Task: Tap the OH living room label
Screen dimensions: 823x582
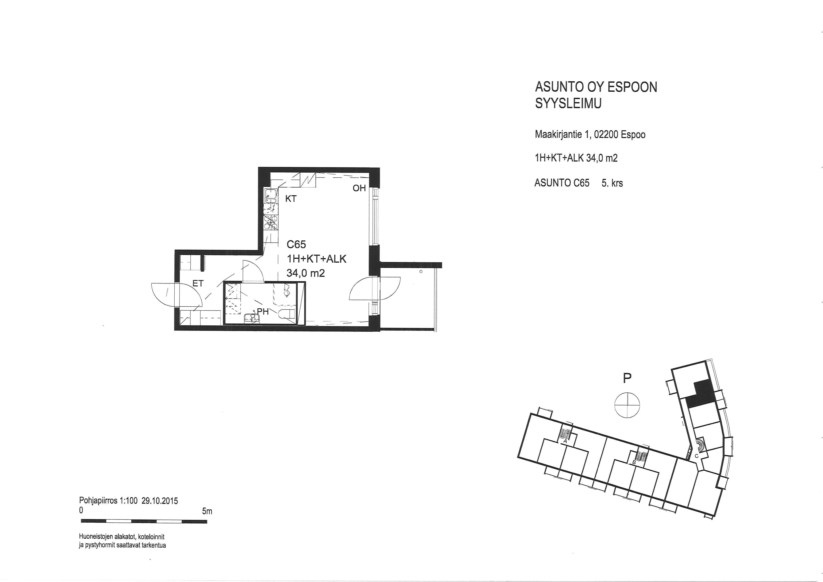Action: pyautogui.click(x=359, y=188)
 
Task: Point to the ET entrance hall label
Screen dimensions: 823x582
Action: pyautogui.click(x=198, y=283)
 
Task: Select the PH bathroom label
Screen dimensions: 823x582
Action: pyautogui.click(x=263, y=312)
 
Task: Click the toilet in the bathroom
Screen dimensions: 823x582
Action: pyautogui.click(x=287, y=314)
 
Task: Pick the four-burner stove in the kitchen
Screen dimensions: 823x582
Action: pyautogui.click(x=271, y=222)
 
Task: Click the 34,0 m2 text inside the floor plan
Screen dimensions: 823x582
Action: pyautogui.click(x=306, y=273)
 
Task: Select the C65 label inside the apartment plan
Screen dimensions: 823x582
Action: pyautogui.click(x=296, y=244)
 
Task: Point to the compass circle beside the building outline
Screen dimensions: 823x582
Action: pyautogui.click(x=627, y=405)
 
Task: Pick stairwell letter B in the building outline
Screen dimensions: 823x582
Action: pyautogui.click(x=634, y=463)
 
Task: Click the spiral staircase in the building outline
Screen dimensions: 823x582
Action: pyautogui.click(x=700, y=445)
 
